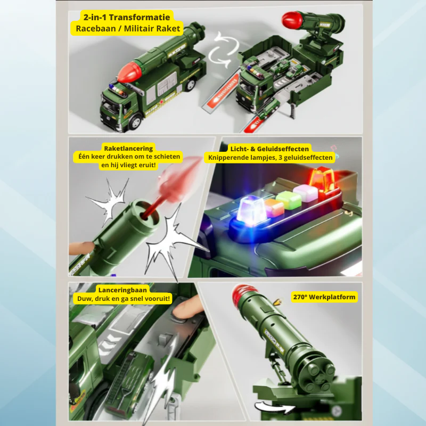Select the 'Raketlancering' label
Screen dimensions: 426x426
[128, 149]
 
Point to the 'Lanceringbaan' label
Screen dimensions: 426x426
[122, 290]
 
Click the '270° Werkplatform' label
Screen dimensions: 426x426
[324, 297]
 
